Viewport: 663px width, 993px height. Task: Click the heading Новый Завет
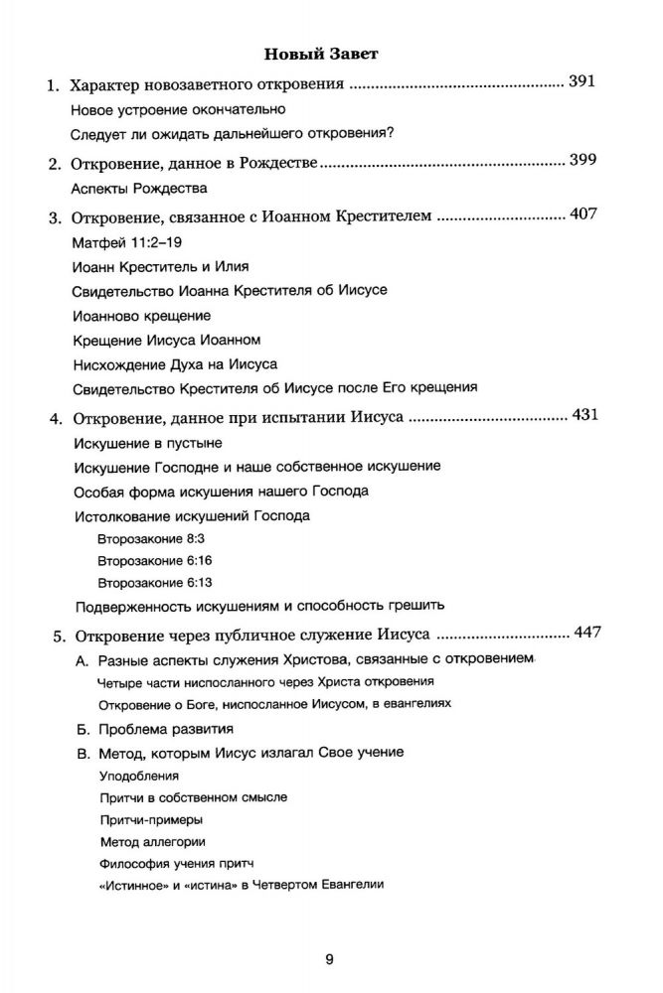coord(331,52)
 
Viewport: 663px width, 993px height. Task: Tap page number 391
coord(582,82)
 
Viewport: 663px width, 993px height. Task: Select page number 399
coord(582,161)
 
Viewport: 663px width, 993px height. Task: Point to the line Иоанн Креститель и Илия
coord(161,266)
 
